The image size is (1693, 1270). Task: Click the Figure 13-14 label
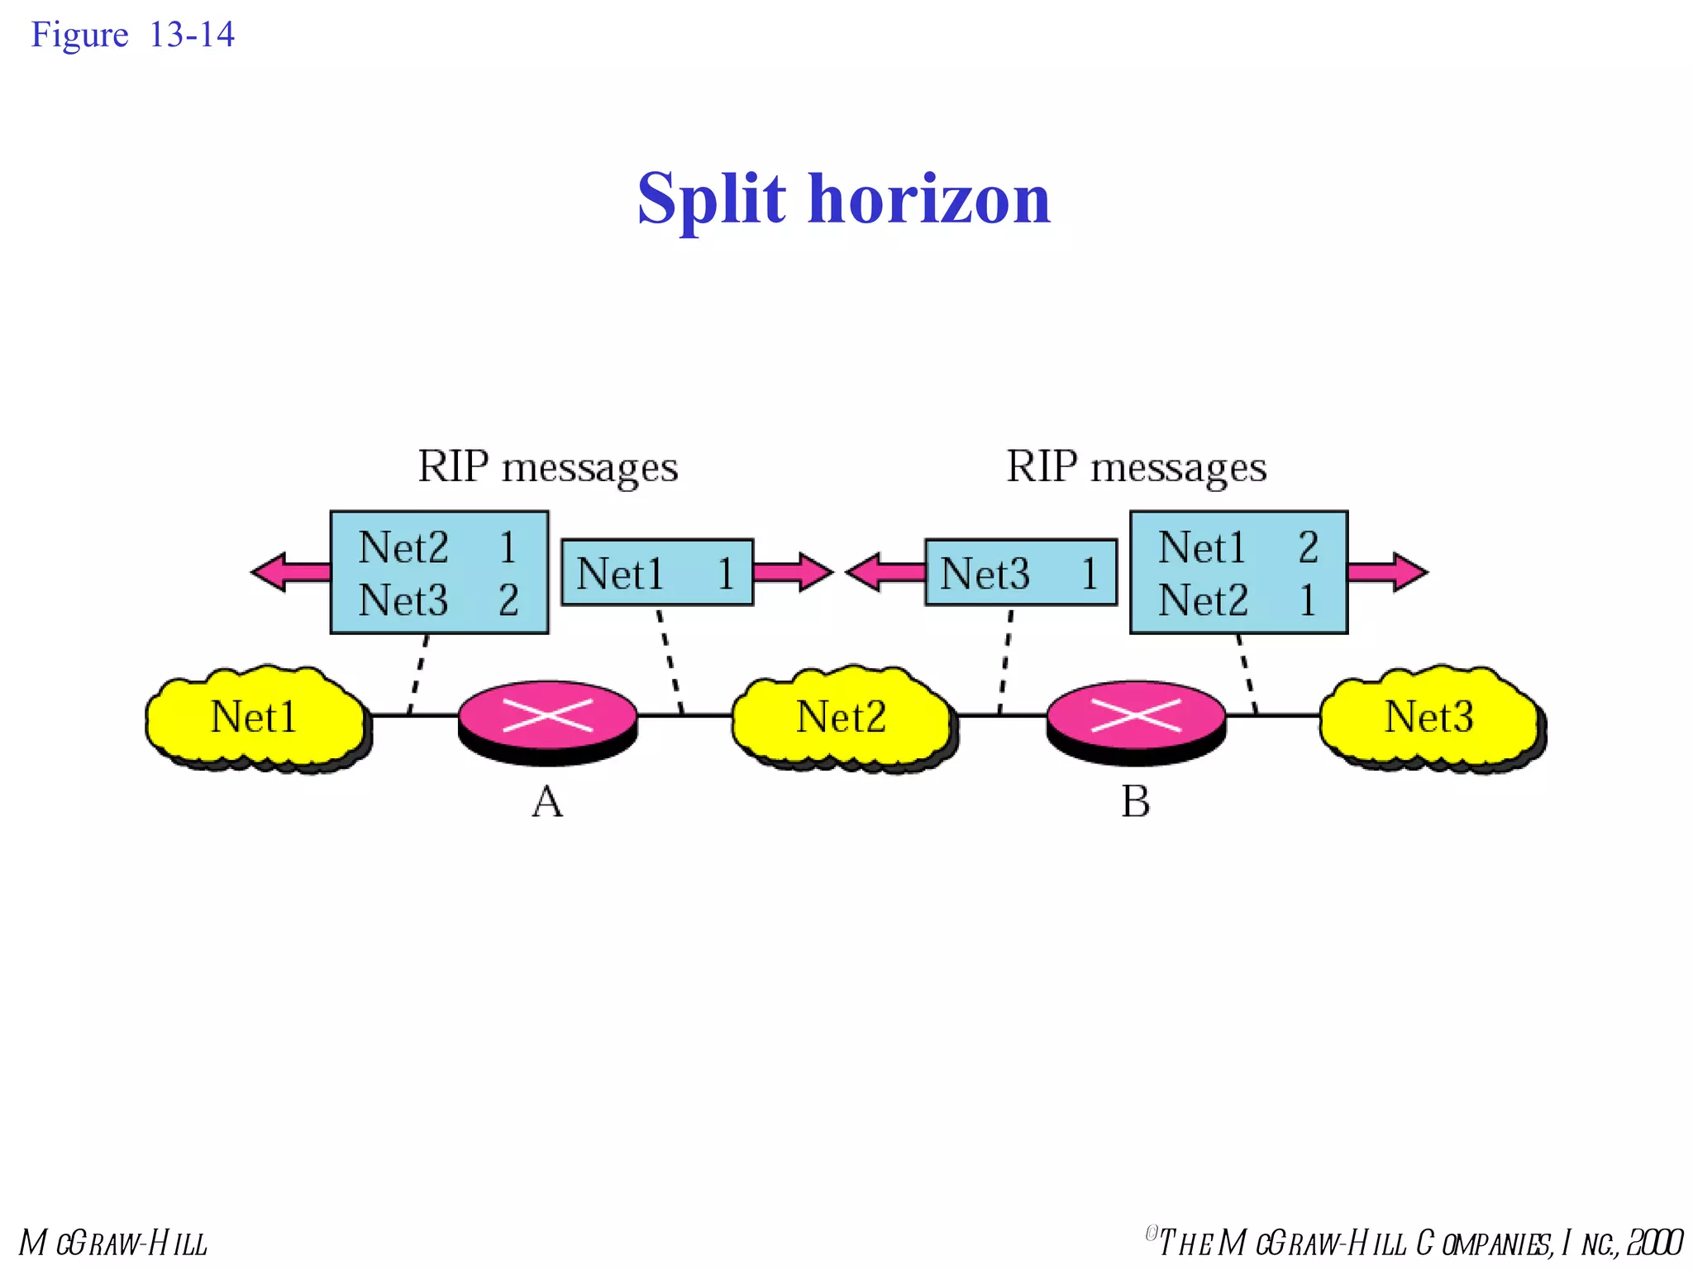[x=132, y=35]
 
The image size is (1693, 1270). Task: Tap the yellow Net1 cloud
[x=255, y=716]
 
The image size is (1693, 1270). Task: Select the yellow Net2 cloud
[x=842, y=716]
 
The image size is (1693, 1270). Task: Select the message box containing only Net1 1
[x=657, y=573]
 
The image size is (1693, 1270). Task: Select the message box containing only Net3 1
[x=1021, y=573]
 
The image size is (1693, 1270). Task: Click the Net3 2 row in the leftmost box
[x=438, y=600]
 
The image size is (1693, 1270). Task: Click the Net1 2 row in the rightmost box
[x=1238, y=547]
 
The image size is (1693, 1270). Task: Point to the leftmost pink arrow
[x=289, y=572]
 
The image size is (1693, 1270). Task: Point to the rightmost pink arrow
[x=1387, y=572]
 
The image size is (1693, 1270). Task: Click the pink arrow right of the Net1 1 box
[x=792, y=572]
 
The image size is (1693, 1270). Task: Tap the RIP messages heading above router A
[x=547, y=467]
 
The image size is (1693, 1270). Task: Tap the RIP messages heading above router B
[x=1136, y=467]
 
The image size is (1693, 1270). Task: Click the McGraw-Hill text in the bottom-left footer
[x=113, y=1243]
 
